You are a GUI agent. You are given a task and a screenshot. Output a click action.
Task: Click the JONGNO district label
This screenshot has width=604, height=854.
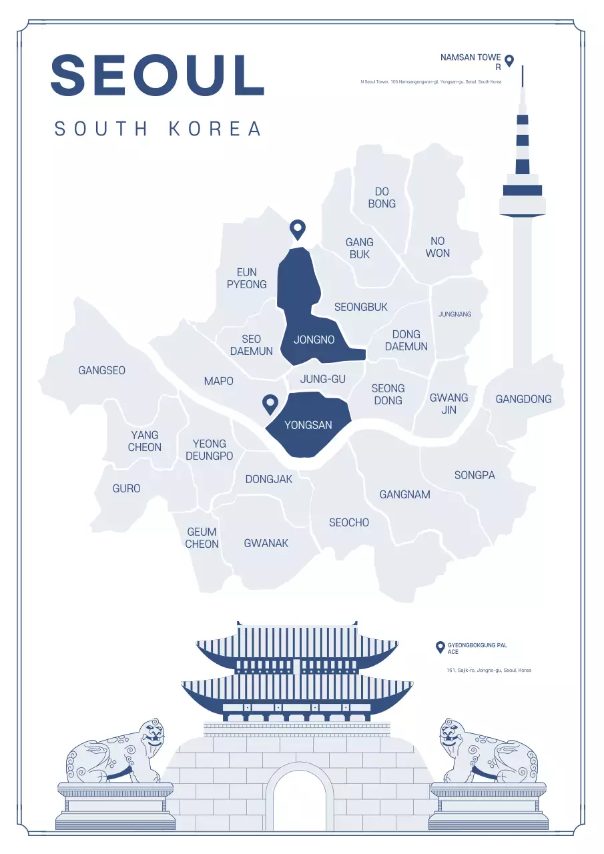pyautogui.click(x=314, y=340)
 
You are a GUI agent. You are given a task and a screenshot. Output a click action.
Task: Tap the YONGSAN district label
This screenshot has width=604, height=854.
pyautogui.click(x=308, y=424)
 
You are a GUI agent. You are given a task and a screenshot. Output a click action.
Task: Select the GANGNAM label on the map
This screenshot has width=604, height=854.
pyautogui.click(x=404, y=494)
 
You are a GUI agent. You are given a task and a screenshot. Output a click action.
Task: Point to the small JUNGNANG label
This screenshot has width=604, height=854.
pyautogui.click(x=455, y=314)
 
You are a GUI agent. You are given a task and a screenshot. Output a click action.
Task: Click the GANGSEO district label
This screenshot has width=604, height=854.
pyautogui.click(x=101, y=370)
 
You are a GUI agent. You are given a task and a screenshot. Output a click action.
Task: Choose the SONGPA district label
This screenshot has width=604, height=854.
pyautogui.click(x=475, y=475)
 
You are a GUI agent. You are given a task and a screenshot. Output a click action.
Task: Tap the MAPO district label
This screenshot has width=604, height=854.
pyautogui.click(x=218, y=381)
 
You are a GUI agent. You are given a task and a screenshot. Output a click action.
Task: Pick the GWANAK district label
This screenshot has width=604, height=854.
pyautogui.click(x=266, y=543)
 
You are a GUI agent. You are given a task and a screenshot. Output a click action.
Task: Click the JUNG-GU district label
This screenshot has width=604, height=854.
pyautogui.click(x=323, y=379)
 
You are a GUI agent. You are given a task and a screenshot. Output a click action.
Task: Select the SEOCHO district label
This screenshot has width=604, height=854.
pyautogui.click(x=348, y=522)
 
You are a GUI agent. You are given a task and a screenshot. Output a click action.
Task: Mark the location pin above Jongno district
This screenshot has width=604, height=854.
pyautogui.click(x=297, y=229)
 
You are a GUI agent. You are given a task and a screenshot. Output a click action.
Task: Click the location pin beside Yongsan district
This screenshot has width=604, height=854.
pyautogui.click(x=270, y=403)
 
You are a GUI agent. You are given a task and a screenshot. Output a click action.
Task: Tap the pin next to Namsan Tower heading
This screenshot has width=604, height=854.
pyautogui.click(x=509, y=61)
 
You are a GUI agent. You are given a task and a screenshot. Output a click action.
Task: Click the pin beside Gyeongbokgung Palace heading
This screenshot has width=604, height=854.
pyautogui.click(x=440, y=647)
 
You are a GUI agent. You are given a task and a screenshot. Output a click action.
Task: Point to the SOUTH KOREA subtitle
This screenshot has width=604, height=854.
pyautogui.click(x=158, y=129)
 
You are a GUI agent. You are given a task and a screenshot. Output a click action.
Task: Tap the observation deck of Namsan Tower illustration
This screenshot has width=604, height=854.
pyautogui.click(x=522, y=196)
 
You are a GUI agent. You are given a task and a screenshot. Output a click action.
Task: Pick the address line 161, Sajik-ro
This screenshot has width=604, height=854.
pyautogui.click(x=489, y=670)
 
